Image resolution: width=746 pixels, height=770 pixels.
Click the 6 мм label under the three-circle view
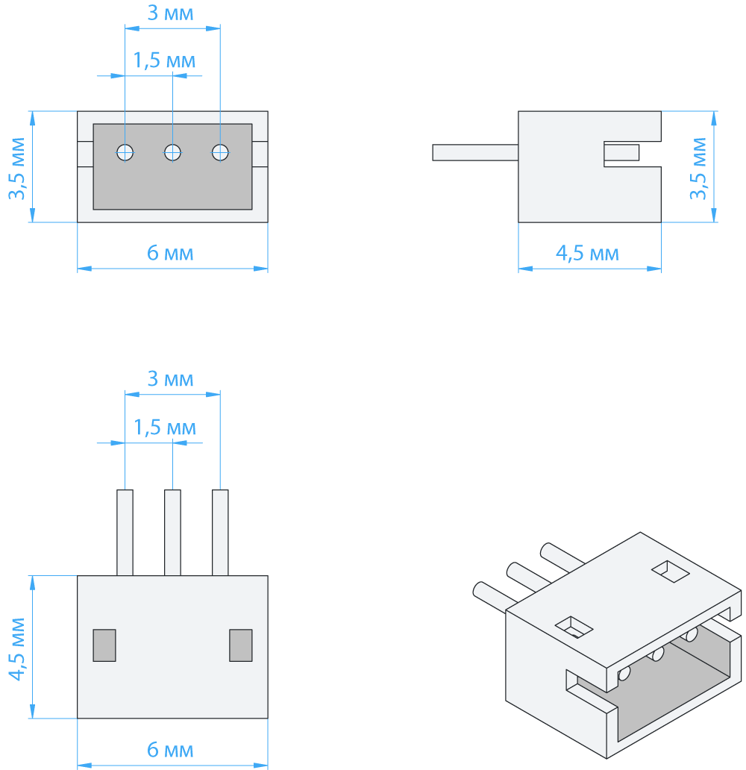(170, 254)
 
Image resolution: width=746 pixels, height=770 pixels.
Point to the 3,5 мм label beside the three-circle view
(16, 169)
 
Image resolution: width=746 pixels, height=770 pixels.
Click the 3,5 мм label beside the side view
(698, 169)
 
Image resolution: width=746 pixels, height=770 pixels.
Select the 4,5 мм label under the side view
(587, 254)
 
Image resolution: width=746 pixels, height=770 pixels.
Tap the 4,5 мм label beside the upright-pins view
(16, 649)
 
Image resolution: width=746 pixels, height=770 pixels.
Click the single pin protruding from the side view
(475, 152)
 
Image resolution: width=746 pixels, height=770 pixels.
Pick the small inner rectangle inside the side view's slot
(621, 152)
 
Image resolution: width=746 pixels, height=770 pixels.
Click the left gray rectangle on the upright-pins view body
(104, 645)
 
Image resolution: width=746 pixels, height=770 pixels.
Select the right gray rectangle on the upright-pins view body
(241, 645)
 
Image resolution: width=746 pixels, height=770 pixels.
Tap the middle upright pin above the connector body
(172, 532)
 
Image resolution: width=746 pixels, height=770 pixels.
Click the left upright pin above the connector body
(125, 532)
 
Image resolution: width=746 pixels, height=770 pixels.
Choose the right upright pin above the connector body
(220, 532)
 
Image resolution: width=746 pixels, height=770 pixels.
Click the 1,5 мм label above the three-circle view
(165, 61)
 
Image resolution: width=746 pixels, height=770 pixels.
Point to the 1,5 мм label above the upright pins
(165, 428)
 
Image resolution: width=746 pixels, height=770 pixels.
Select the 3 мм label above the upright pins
(170, 379)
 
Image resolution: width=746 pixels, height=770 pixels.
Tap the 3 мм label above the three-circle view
(170, 13)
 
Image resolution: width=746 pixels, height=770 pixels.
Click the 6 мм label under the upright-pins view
(170, 750)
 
